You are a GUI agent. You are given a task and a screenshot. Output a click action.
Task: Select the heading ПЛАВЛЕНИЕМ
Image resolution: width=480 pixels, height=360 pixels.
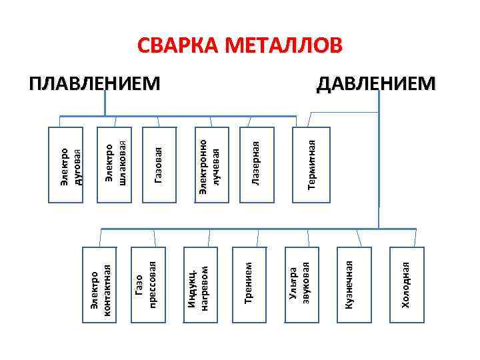tap(95, 84)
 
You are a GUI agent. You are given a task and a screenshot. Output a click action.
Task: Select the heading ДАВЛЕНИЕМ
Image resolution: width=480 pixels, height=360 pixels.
tap(377, 84)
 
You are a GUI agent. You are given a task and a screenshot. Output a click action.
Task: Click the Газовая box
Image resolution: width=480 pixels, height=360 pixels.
tap(159, 164)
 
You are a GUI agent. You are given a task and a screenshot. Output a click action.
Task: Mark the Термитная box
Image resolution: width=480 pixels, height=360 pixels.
tap(309, 164)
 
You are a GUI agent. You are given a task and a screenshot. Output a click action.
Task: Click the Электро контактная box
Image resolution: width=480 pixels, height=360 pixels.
tap(101, 285)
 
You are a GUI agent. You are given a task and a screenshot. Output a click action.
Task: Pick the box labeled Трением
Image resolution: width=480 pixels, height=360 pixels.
tap(249, 285)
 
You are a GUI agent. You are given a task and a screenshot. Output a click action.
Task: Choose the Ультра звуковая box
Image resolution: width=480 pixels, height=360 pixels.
tap(301, 285)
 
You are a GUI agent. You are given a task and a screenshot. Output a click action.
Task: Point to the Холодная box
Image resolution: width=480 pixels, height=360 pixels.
tap(408, 285)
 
